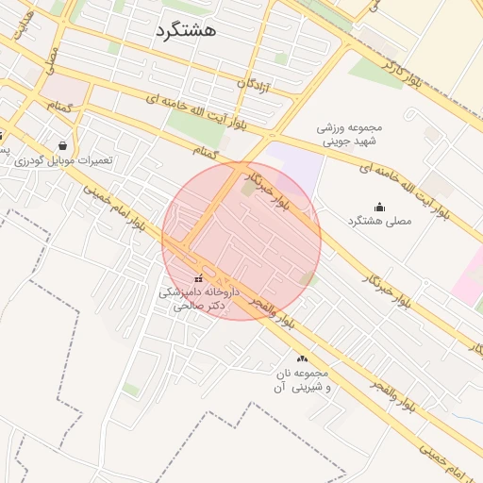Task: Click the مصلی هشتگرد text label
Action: [x=381, y=220]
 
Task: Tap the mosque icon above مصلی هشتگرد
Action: [x=379, y=207]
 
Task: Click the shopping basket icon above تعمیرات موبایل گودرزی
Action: [x=62, y=146]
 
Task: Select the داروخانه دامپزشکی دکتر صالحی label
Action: [x=197, y=300]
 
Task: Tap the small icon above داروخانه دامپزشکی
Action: [x=198, y=279]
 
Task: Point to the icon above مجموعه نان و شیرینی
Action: [x=302, y=358]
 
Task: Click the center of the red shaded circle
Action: [x=241, y=241]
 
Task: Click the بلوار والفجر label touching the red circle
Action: [x=273, y=315]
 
